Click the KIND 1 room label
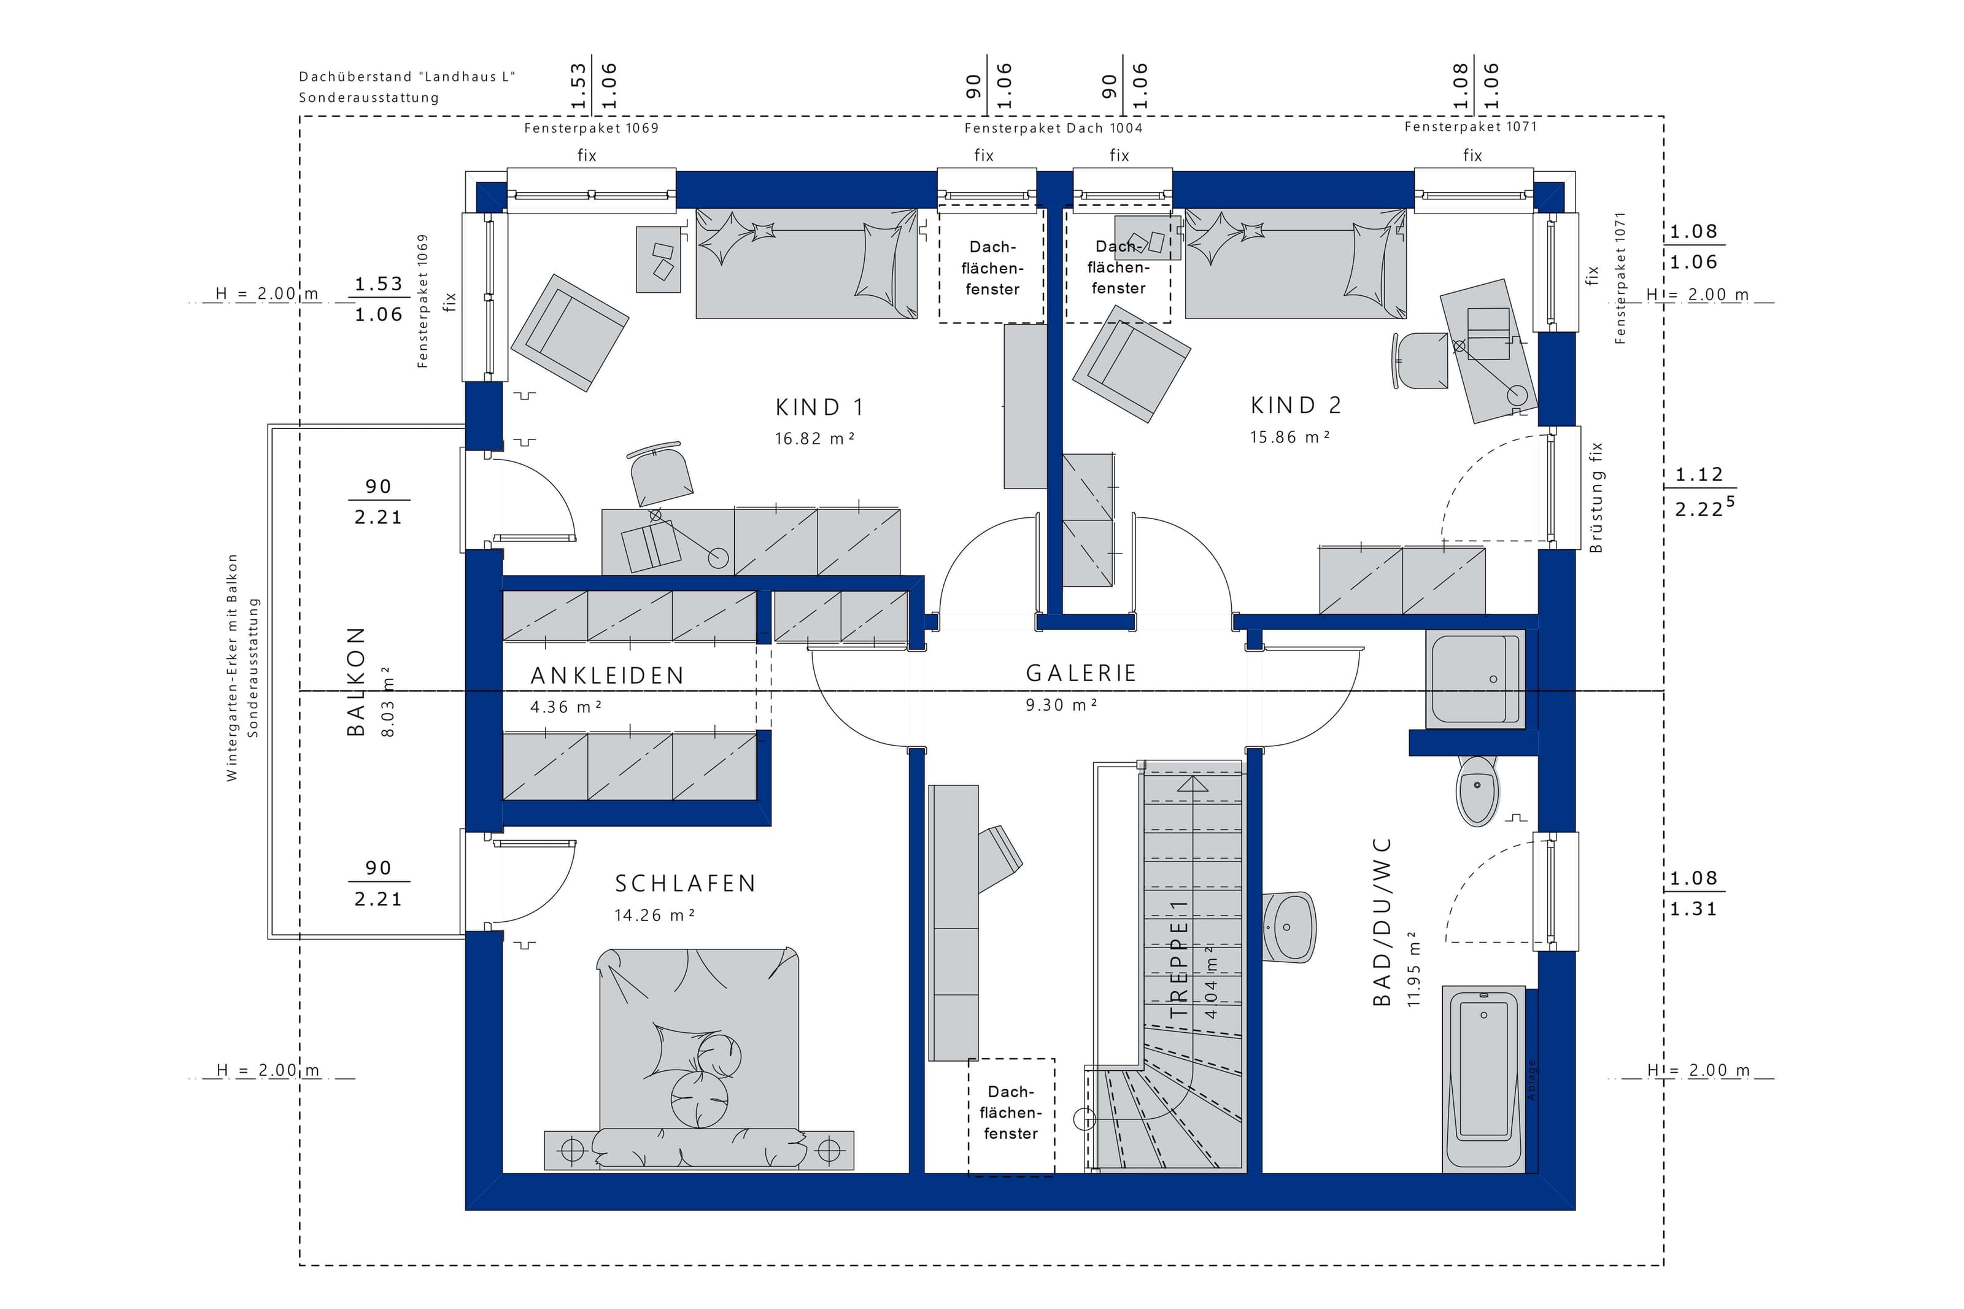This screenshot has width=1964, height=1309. pos(819,407)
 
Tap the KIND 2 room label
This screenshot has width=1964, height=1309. pos(1296,406)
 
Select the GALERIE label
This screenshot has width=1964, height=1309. pos(1081,673)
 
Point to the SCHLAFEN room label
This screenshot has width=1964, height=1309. pos(686,883)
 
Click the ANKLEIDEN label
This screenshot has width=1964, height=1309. pos(607,676)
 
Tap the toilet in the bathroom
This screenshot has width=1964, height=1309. pos(1477,790)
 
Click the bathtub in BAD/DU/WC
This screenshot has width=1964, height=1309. pos(1484,1078)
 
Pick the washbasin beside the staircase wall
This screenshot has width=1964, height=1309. pos(1289,927)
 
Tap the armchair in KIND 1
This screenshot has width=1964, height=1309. pos(569,332)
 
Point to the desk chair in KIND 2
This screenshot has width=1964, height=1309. pos(1420,360)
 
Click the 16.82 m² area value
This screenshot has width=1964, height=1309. pos(814,438)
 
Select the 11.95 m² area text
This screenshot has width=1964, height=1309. pos(1413,968)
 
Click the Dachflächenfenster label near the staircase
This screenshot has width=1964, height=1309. pos(1011,1113)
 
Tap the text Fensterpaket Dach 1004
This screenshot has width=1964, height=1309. pos(1053,128)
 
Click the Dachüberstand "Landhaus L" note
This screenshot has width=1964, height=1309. pos(408,77)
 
